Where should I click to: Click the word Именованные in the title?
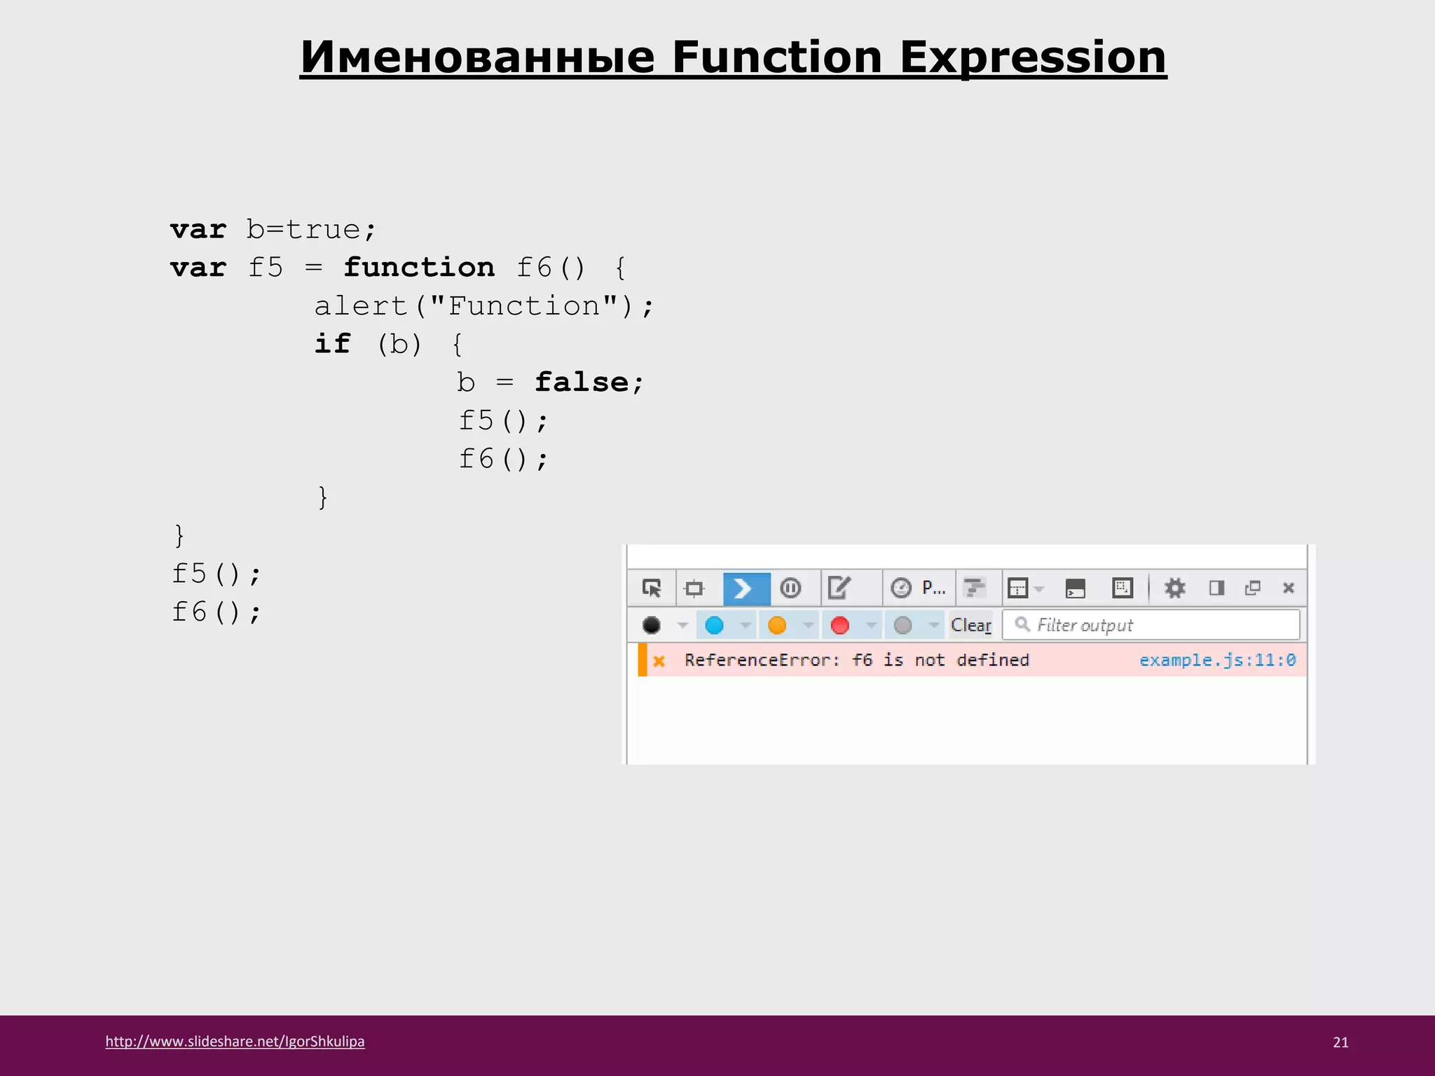pos(476,57)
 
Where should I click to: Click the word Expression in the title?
pos(1033,57)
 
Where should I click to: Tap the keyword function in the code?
pos(419,268)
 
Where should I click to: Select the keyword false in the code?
pos(582,382)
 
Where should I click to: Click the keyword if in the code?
pos(331,344)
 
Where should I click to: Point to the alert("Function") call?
pos(483,306)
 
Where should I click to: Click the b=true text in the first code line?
pos(310,230)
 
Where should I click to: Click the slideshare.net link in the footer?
pos(235,1041)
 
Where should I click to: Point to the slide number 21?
pos(1340,1042)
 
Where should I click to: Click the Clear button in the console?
pos(970,625)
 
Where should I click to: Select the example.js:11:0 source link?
pos(1217,660)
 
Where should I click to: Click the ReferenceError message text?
pos(856,660)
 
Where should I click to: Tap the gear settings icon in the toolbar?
pos(1174,588)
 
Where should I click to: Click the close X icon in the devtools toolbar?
pos(1288,588)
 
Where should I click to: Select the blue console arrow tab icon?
pos(746,588)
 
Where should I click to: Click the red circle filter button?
pos(839,625)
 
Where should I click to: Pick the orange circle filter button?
pos(777,625)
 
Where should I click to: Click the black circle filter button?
pos(652,625)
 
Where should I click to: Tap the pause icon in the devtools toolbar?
pos(790,588)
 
